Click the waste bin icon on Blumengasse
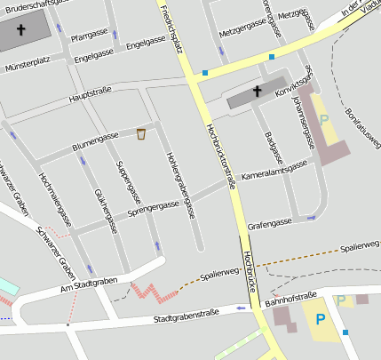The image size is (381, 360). point(141,134)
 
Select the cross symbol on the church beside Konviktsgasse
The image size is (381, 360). point(258,91)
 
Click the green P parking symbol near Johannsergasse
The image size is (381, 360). point(323,119)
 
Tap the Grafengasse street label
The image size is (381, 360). point(270,224)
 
